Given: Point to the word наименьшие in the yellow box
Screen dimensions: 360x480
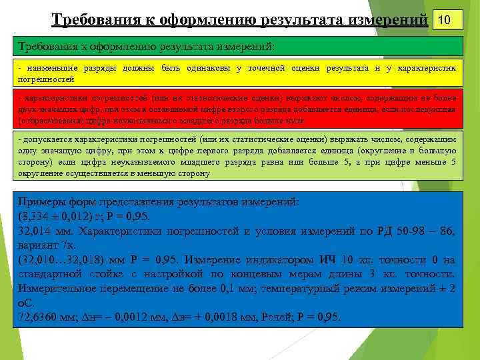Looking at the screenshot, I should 51,68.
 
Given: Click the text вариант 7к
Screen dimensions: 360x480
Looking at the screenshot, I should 46,245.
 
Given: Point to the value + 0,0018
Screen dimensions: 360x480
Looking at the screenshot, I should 212,317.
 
